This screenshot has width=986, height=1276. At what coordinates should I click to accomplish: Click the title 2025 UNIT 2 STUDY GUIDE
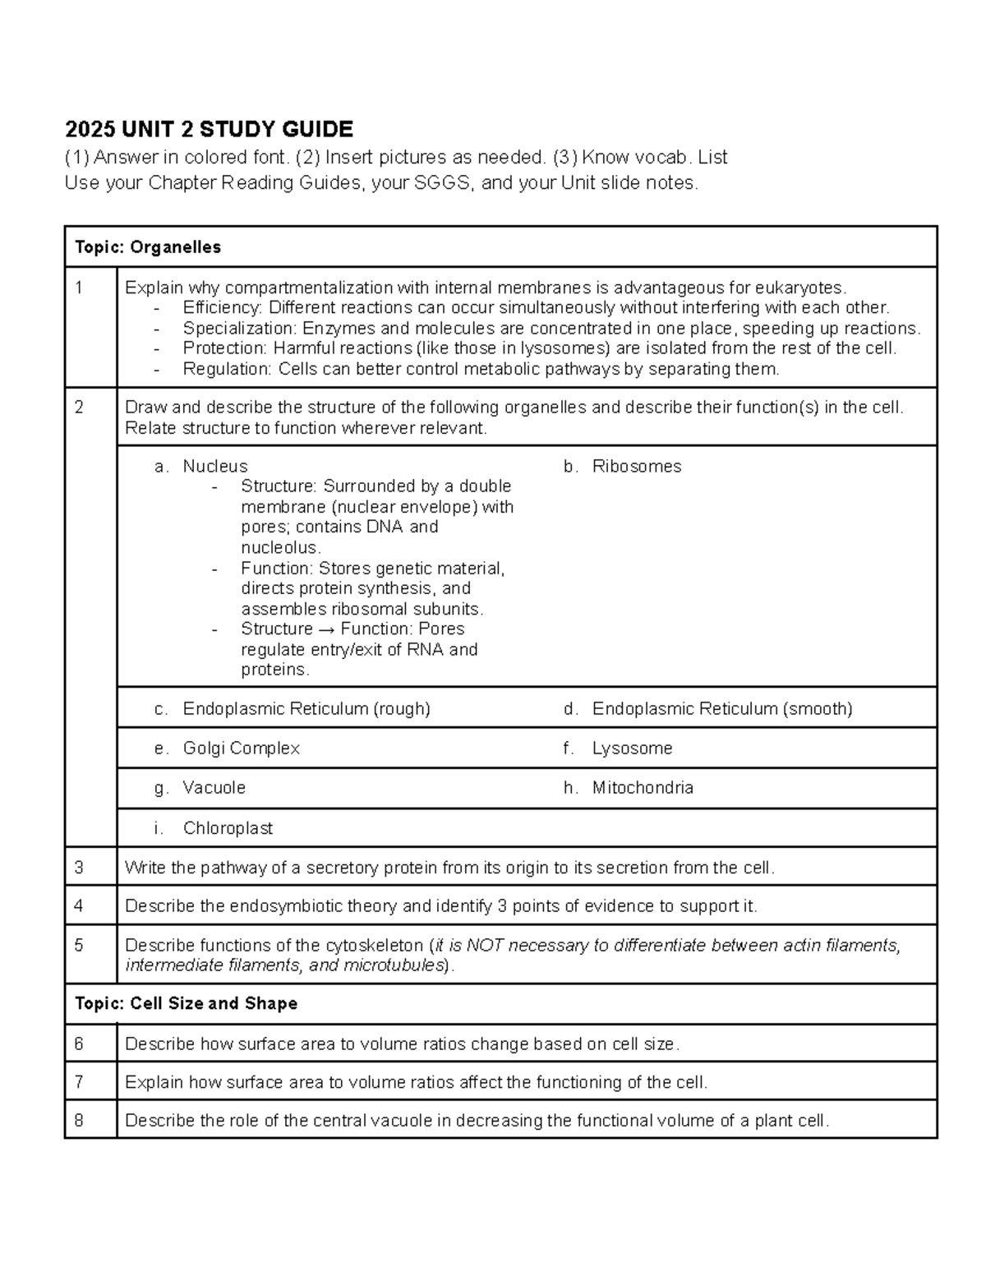(209, 129)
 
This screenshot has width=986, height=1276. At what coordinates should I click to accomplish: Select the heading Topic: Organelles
(148, 247)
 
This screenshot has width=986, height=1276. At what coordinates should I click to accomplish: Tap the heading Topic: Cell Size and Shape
(186, 1003)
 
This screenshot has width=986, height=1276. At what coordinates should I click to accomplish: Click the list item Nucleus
(214, 467)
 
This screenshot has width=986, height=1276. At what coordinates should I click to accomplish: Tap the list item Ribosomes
(636, 467)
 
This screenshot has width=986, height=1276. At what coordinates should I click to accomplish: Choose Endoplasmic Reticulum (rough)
(306, 709)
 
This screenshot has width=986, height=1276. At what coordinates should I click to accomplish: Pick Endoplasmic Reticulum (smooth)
(721, 709)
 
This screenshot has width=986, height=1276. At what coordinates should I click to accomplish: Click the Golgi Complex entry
(241, 749)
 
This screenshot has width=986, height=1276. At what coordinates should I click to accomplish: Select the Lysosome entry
(632, 749)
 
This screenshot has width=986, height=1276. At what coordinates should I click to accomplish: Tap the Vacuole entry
(214, 788)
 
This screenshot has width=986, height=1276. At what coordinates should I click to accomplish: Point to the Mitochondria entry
(642, 788)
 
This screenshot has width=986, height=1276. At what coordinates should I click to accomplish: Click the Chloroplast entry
(228, 828)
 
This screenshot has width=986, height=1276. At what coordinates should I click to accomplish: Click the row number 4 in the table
(79, 906)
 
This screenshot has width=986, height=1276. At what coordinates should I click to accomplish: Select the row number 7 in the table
(79, 1082)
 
